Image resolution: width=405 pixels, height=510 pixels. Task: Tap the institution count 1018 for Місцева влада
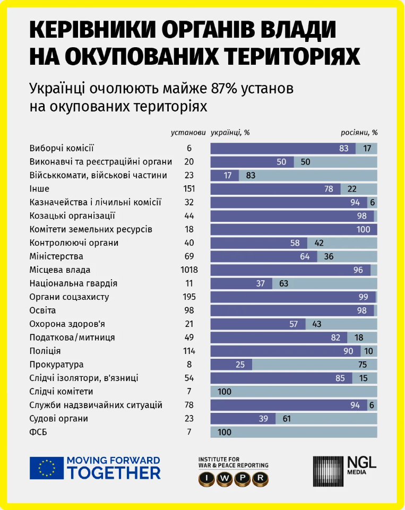pos(189,270)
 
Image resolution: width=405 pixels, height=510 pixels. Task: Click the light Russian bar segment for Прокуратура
pos(314,365)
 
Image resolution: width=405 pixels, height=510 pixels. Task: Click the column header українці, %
pos(230,133)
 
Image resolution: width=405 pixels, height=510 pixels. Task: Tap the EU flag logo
pos(44,468)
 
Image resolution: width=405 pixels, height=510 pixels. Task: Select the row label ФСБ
pos(39,432)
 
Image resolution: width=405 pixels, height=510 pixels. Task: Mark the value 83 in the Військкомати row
pos(251,175)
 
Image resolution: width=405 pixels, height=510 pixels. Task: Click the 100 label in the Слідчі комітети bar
pos(225,392)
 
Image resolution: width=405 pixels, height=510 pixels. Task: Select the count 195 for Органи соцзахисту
pos(189,297)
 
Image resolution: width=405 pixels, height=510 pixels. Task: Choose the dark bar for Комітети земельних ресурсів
pos(294,229)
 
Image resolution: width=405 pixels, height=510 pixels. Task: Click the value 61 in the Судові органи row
pos(286,419)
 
